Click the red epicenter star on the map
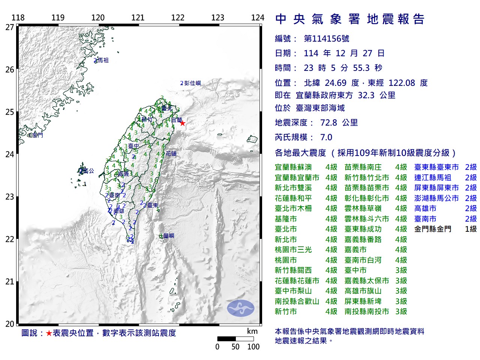[x=183, y=123]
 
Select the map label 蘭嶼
[x=169, y=236]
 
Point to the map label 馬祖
[x=103, y=60]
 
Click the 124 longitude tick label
[x=258, y=18]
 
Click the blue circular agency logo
[x=240, y=308]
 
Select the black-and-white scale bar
[x=235, y=339]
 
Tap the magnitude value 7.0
[x=326, y=137]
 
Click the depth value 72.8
[x=328, y=123]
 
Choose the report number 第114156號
[x=326, y=39]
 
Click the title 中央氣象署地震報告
[x=349, y=19]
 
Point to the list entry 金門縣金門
[x=433, y=229]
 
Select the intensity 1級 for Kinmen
[x=471, y=229]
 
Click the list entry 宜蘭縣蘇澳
[x=293, y=167]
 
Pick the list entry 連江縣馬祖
[x=433, y=178]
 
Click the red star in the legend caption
[x=49, y=333]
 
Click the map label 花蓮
[x=171, y=154]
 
